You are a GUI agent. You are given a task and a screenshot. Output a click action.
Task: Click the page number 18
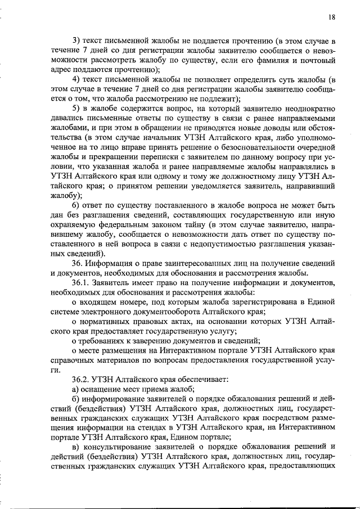[x=332, y=17]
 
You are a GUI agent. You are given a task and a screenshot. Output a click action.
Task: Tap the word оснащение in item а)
[x=103, y=389]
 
